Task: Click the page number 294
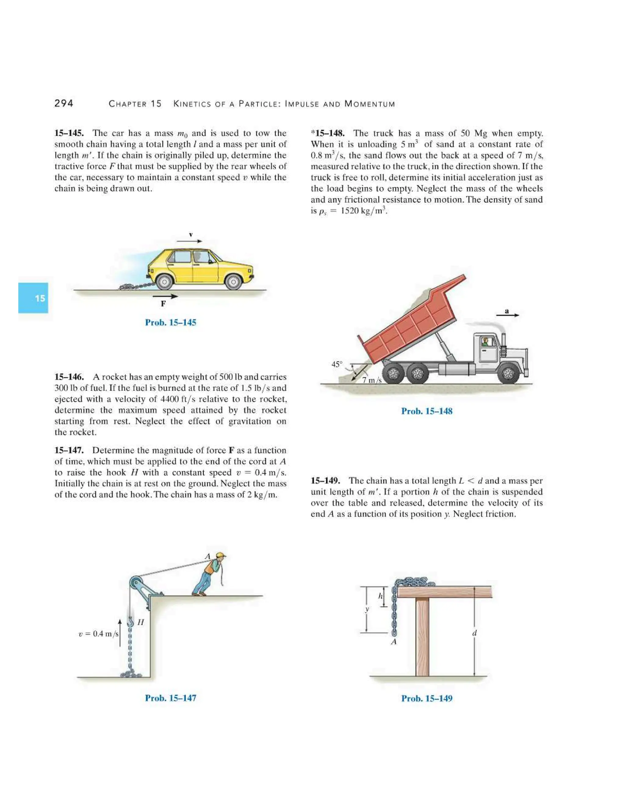coord(64,103)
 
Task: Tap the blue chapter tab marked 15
coord(33,298)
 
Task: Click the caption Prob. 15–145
coord(170,322)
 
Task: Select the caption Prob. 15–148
coord(427,411)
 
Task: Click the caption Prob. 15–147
coord(170,698)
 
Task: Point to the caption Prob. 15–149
coord(427,698)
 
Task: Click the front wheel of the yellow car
coord(233,283)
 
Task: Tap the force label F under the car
coord(163,304)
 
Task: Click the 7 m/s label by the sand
coord(371,380)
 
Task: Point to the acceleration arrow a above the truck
coord(507,314)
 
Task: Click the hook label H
coord(140,622)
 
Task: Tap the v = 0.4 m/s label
coord(99,634)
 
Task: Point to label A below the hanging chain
coord(394,642)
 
